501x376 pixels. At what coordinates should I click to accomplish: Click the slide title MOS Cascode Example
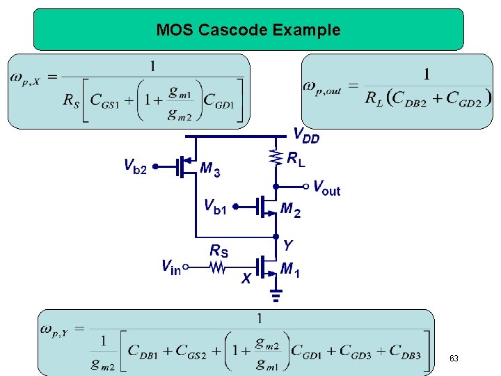coord(248,30)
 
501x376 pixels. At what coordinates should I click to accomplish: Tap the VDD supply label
coord(307,135)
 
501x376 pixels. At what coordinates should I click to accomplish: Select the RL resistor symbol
coord(277,159)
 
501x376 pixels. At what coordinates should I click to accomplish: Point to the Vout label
coord(327,187)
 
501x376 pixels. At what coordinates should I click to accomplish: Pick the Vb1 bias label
coord(215,206)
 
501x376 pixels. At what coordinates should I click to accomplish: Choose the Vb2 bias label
coord(135,166)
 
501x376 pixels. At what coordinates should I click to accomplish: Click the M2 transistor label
coord(290,210)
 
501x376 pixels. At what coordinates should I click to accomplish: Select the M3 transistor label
coord(210,169)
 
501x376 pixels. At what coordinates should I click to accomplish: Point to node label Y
coord(287,245)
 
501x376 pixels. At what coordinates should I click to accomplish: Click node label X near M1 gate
coord(245,279)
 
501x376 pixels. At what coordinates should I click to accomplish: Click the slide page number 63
coord(454,358)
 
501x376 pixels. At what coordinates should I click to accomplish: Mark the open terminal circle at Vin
coord(186,266)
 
